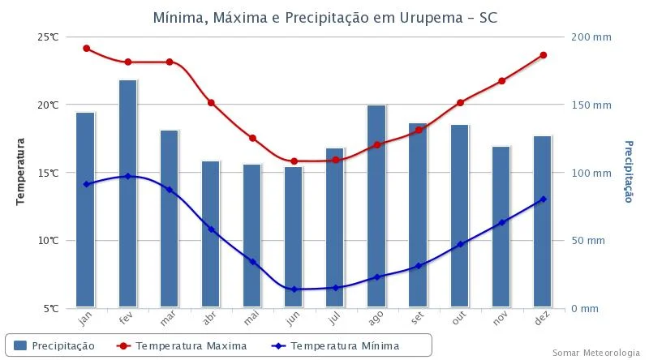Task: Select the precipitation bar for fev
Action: pyautogui.click(x=127, y=195)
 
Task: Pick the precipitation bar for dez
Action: pyautogui.click(x=542, y=222)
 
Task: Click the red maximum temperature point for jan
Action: pyautogui.click(x=86, y=49)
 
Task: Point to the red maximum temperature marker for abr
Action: pyautogui.click(x=211, y=103)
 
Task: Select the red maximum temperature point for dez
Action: pyautogui.click(x=543, y=55)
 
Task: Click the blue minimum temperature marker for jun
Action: pyautogui.click(x=293, y=289)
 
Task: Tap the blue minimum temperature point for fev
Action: pyautogui.click(x=127, y=176)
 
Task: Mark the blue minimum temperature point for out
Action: pyautogui.click(x=460, y=244)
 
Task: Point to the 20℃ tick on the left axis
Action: pyautogui.click(x=47, y=105)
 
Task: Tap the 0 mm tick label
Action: pyautogui.click(x=584, y=309)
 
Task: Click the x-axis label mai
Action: pyautogui.click(x=252, y=320)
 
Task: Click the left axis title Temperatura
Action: pyautogui.click(x=22, y=172)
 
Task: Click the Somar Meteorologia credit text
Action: pyautogui.click(x=595, y=353)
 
